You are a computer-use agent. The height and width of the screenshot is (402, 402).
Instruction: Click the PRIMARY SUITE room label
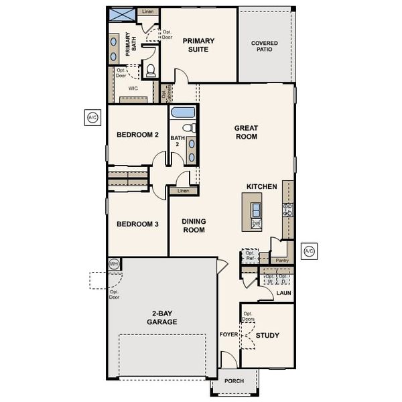coord(199,45)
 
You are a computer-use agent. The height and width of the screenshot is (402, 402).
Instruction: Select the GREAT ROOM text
coord(245,132)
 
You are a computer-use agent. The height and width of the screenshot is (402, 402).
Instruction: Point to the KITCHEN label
coord(261,186)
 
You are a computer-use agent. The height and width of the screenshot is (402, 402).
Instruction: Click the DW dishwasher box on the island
coord(256,223)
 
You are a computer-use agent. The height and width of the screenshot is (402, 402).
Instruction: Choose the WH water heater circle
coord(113,265)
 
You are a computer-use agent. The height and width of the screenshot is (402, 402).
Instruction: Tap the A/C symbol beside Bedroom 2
coord(92,118)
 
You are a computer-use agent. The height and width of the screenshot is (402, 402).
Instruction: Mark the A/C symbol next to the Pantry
coord(309,252)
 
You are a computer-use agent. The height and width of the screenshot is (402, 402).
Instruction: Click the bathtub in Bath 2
coord(182,112)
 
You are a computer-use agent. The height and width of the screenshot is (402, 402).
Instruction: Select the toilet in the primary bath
coord(151,70)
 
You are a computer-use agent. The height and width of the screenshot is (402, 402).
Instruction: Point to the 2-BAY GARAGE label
coord(163,318)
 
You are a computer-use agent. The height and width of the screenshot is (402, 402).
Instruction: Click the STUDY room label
coord(267,335)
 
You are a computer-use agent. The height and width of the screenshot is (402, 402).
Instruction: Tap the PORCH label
coord(234,381)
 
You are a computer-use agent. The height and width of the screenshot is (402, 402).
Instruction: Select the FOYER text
coord(228,334)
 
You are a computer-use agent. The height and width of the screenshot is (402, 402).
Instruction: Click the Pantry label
coord(282,260)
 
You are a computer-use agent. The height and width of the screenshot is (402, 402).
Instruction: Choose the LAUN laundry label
coord(283,293)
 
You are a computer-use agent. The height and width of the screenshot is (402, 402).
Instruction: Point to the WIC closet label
coord(133,88)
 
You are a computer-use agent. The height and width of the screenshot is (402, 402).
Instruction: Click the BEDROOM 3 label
coord(137,224)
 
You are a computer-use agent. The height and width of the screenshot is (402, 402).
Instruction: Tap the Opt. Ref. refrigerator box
coord(250,256)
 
